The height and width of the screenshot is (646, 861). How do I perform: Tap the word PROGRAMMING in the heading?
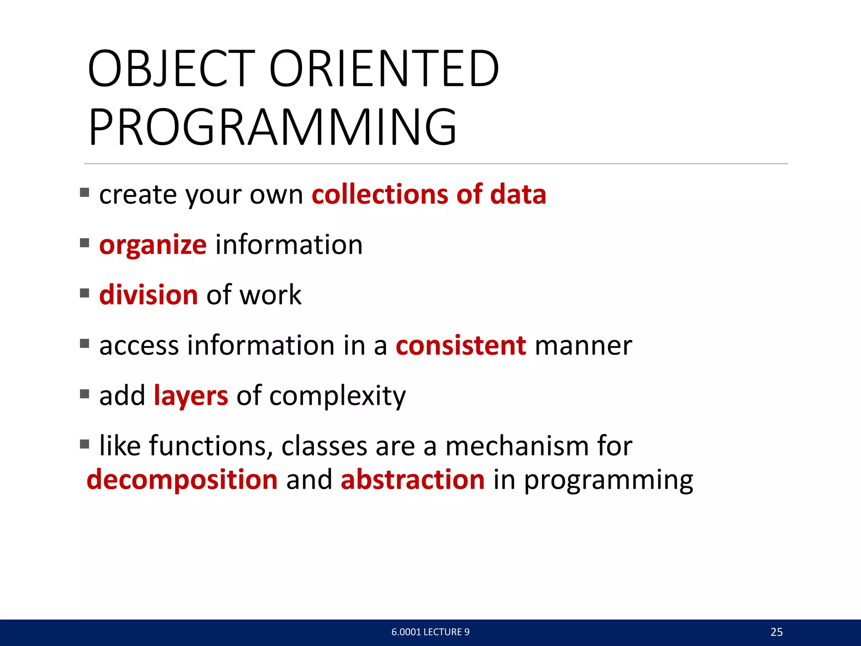tap(272, 127)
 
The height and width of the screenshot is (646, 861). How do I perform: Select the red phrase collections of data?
tap(429, 194)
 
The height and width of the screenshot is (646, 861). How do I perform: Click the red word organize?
tap(153, 246)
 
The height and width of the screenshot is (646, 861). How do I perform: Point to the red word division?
tap(148, 294)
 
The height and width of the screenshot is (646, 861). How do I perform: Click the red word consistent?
tap(461, 346)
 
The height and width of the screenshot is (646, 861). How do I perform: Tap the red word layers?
tap(191, 396)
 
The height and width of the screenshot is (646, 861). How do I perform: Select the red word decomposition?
tap(182, 479)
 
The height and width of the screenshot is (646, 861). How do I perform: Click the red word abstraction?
tap(412, 479)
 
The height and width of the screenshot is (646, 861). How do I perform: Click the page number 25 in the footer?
tap(776, 632)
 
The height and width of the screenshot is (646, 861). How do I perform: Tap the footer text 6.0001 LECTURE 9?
tap(430, 632)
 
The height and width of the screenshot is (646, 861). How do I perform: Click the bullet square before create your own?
tap(85, 193)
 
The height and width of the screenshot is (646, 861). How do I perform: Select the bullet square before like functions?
tap(85, 444)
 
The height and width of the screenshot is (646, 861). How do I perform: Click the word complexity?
tap(338, 396)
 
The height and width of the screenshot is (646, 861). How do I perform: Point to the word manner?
tap(583, 346)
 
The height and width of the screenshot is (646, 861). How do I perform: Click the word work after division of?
tap(270, 294)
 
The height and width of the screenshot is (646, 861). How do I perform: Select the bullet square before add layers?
tap(85, 394)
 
